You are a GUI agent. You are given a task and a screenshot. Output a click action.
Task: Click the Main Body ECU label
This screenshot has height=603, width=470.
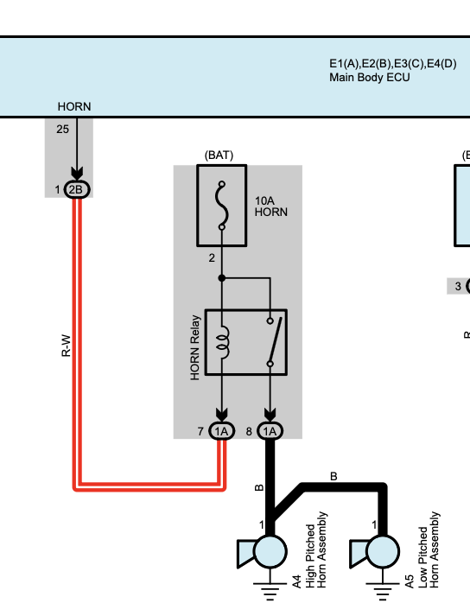369,77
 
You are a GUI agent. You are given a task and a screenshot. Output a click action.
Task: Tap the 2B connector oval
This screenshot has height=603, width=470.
77,189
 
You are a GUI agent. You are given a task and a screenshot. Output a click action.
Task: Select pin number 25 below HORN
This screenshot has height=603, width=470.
62,130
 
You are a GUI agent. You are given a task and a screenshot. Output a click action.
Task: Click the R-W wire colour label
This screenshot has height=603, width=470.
67,346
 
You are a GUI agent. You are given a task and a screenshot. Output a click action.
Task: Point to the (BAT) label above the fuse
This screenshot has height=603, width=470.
219,155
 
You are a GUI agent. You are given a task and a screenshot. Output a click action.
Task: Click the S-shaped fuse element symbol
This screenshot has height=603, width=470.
221,206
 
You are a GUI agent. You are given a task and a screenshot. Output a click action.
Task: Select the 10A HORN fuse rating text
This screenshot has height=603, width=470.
270,206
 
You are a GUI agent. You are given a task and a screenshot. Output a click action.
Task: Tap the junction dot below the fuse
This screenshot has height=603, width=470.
221,277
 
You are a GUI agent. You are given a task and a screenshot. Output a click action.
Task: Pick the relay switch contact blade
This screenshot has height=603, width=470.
276,340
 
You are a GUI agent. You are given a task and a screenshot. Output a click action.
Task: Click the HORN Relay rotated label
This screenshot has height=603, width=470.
195,347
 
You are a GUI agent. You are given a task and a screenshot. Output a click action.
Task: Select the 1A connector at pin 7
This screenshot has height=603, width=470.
221,431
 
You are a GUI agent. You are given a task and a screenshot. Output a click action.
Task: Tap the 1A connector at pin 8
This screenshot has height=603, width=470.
270,431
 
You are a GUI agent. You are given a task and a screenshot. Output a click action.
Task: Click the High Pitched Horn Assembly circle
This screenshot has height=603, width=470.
270,551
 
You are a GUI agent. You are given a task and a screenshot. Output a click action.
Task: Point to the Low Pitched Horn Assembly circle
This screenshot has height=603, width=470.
383,551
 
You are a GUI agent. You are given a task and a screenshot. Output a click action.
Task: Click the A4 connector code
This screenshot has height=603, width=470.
296,581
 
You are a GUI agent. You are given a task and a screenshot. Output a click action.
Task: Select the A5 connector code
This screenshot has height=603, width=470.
410,581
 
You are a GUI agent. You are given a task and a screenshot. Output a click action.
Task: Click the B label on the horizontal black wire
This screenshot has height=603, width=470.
333,477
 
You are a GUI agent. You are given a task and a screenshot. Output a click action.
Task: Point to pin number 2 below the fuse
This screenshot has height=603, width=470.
212,258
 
